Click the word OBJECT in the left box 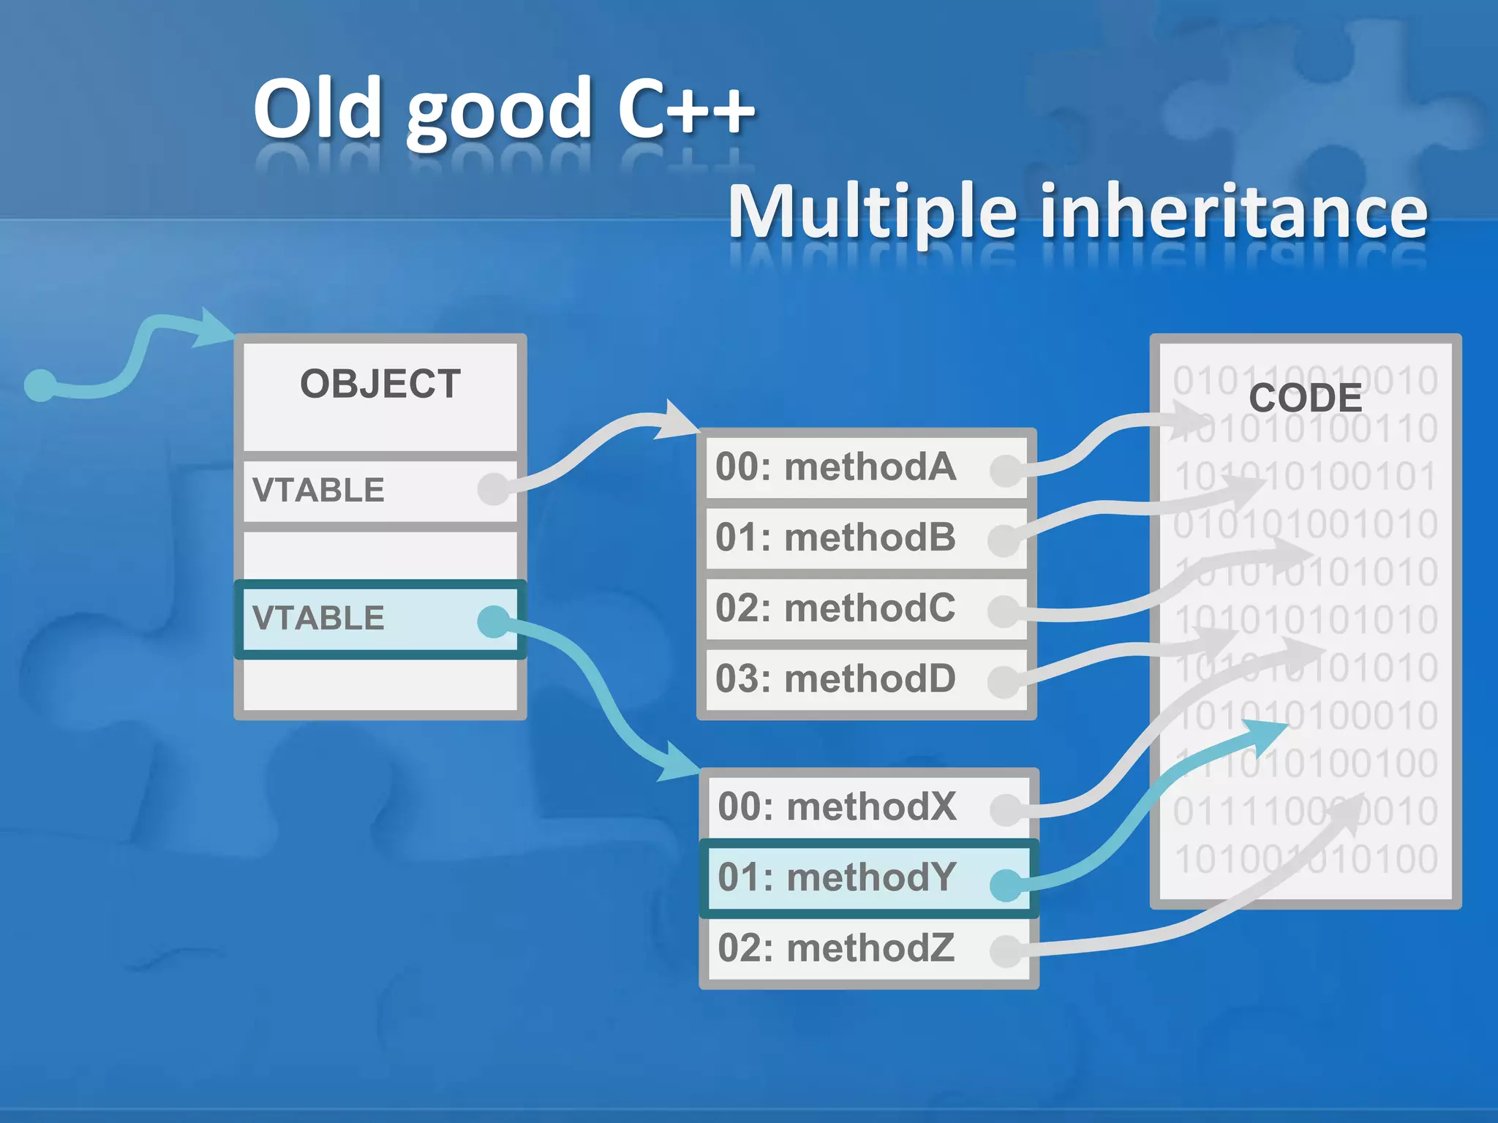(380, 385)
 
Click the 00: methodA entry (835, 466)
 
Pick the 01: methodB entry (835, 537)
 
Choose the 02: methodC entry (835, 608)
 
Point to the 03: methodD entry (835, 678)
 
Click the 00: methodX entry (837, 806)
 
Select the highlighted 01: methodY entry (837, 877)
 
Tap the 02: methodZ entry (837, 948)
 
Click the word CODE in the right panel (1305, 398)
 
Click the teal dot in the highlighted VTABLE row (494, 621)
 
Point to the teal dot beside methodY (1006, 885)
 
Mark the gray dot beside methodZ (1006, 951)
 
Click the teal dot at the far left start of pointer (40, 385)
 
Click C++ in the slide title (685, 110)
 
